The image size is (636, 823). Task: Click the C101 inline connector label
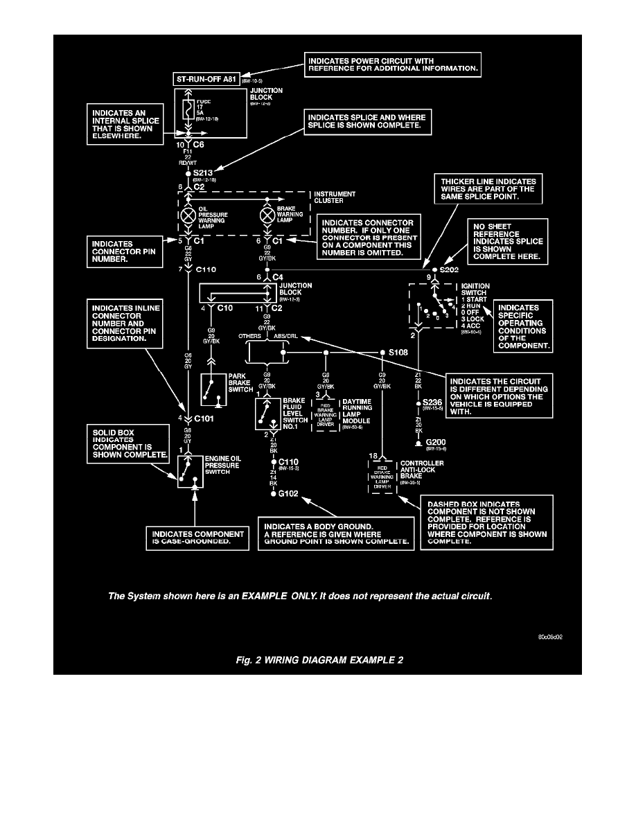204,418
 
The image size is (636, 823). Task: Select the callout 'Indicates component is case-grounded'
197,538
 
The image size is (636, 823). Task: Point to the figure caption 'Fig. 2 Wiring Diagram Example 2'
317,660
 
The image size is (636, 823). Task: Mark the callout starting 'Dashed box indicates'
488,523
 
